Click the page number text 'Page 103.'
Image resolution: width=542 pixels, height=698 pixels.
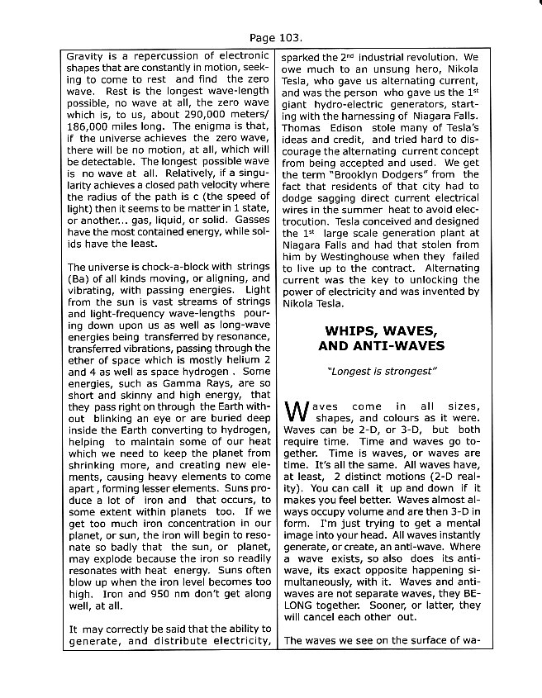point(275,38)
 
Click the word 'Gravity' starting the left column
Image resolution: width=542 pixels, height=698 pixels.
point(84,58)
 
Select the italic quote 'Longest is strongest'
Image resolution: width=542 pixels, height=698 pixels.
point(381,371)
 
